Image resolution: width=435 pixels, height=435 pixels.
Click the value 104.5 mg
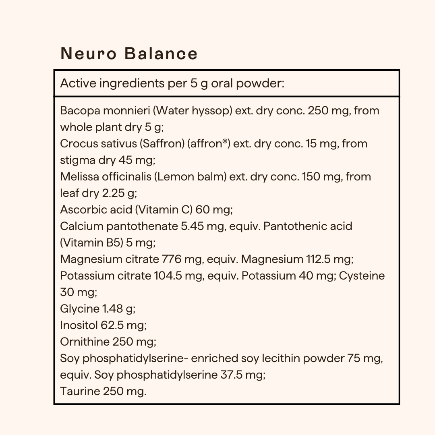[x=178, y=276]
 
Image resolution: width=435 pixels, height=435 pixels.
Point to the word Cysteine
[x=362, y=276]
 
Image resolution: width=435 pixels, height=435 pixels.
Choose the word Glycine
[x=79, y=309]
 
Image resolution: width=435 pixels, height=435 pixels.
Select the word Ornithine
[x=85, y=342]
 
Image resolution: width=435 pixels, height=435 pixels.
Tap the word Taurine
[x=80, y=391]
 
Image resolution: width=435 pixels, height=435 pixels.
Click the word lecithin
[x=290, y=358]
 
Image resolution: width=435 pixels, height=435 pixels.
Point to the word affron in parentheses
[x=208, y=143]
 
